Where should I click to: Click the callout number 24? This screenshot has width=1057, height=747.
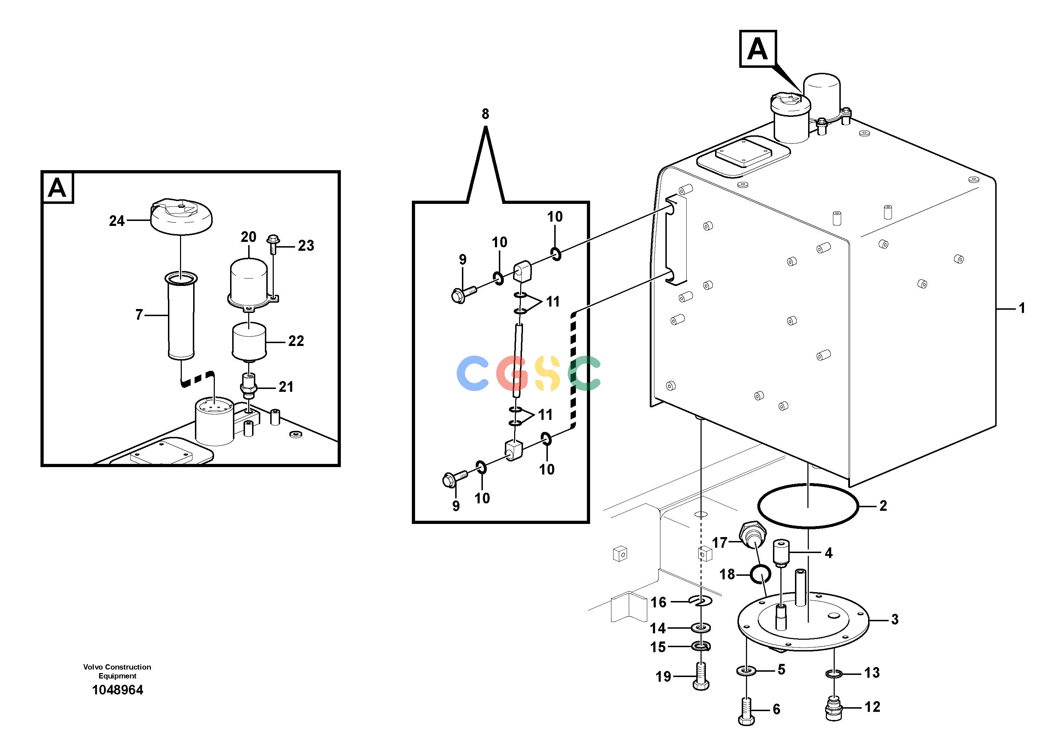117,221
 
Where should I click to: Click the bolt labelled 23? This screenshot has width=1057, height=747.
273,244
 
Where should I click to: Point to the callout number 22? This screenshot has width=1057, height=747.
296,341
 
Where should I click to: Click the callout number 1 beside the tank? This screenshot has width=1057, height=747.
1022,308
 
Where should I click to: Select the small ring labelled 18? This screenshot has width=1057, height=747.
761,574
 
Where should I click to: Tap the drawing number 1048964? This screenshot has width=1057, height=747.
118,690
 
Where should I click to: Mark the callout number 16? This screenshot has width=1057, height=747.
658,602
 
